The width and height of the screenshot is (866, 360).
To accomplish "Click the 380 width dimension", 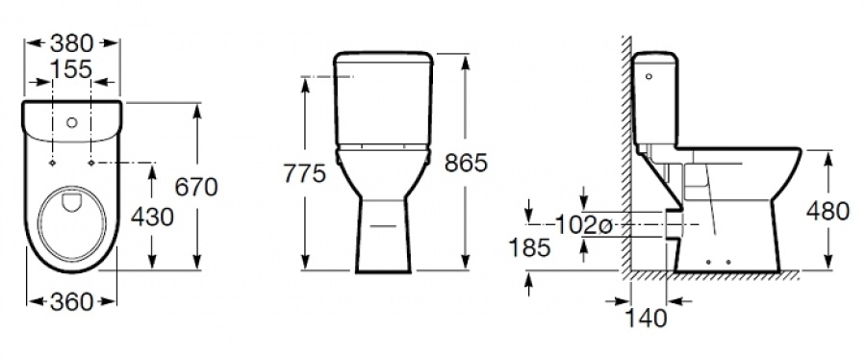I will tap(71, 42).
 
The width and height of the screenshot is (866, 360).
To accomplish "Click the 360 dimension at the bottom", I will tap(71, 301).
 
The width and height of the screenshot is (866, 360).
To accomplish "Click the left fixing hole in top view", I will tap(49, 165).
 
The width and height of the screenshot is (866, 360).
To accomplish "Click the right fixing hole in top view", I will tap(93, 165).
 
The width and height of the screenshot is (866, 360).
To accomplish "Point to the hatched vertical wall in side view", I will tap(626, 154).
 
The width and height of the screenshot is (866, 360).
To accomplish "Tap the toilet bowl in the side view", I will tap(751, 193).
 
